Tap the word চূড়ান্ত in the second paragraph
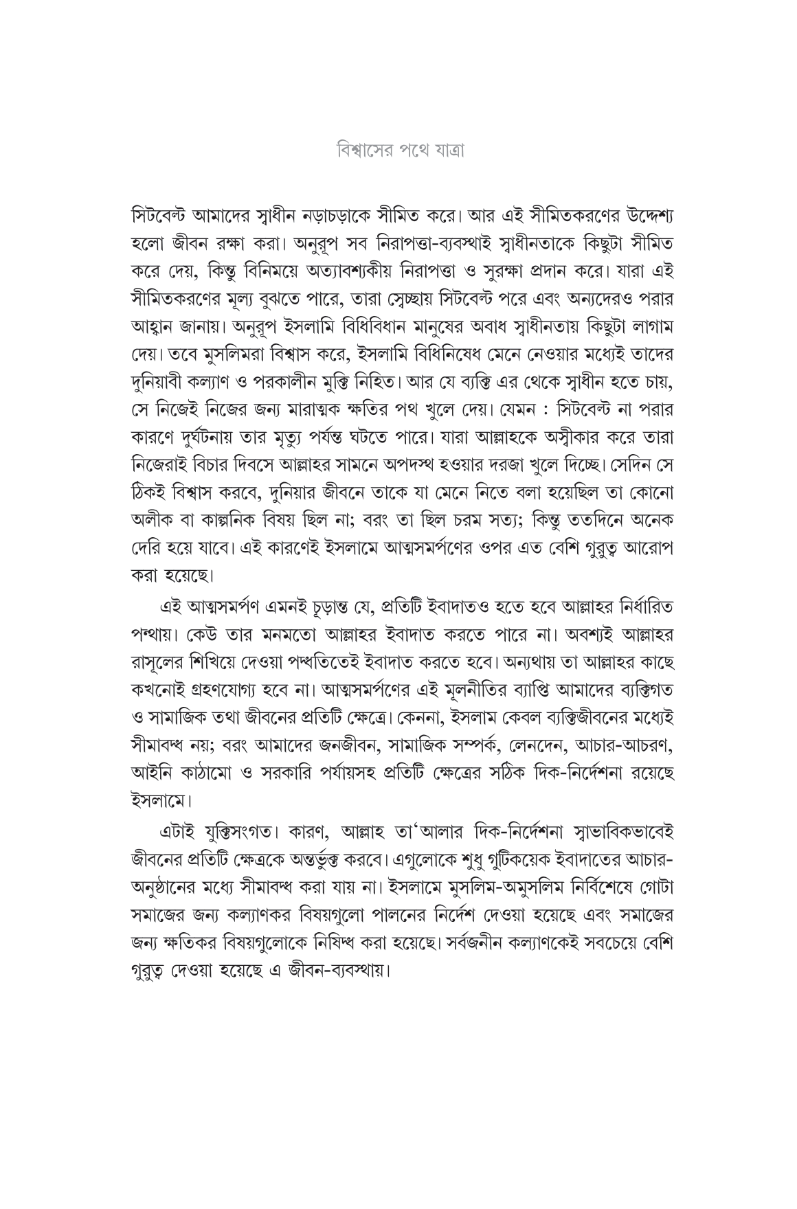tap(339, 607)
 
